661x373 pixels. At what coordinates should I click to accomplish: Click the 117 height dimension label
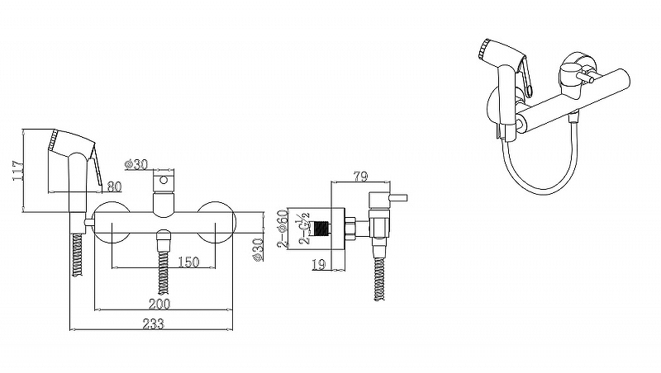(18, 170)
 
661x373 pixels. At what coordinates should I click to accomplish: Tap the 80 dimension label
(114, 186)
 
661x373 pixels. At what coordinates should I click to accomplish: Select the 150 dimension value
(188, 262)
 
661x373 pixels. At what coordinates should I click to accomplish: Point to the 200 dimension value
(159, 304)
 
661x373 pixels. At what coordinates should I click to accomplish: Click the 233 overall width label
(153, 323)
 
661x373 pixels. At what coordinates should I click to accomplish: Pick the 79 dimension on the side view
(360, 176)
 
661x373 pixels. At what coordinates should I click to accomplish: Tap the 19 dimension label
(319, 264)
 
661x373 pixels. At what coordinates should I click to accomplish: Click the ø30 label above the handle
(136, 164)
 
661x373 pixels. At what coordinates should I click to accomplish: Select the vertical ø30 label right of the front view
(258, 250)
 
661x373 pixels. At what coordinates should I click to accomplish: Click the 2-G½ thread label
(304, 229)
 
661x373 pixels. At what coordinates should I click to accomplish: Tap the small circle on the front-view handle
(164, 181)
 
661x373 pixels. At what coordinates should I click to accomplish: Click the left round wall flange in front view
(111, 223)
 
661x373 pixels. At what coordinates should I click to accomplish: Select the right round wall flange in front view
(216, 223)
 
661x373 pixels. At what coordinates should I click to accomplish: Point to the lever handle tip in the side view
(406, 197)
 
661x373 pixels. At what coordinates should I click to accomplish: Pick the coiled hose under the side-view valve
(379, 278)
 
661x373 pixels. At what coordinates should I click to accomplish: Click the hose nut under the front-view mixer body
(164, 237)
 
